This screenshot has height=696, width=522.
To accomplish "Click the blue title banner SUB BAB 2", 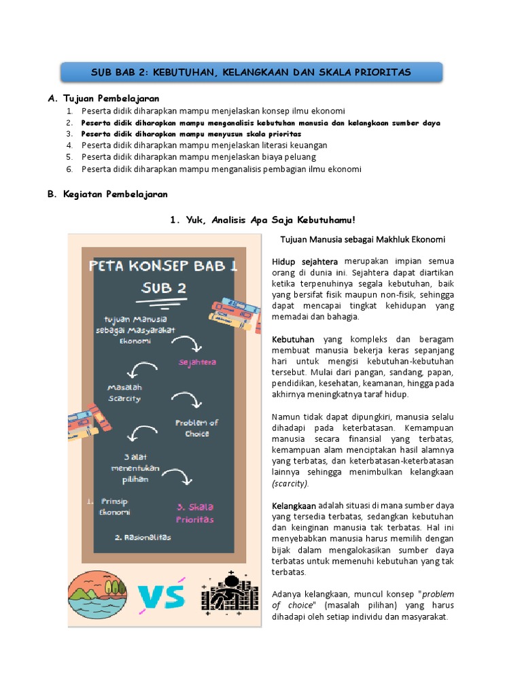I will click(x=251, y=72).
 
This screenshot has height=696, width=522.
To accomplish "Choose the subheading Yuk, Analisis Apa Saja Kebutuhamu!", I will click(x=262, y=220).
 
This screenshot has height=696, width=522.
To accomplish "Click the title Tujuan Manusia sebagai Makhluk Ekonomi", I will click(x=363, y=239).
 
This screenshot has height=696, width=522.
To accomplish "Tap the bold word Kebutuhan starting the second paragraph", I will click(x=293, y=338).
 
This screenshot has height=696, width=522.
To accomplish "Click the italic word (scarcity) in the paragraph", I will click(x=290, y=484).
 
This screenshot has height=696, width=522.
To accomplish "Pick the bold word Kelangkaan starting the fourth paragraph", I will click(x=294, y=506).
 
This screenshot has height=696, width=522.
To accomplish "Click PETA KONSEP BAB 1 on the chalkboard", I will click(x=163, y=265).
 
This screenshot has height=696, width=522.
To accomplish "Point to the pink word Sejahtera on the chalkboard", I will click(x=197, y=362).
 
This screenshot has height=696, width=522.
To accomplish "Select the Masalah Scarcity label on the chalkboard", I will click(x=124, y=393).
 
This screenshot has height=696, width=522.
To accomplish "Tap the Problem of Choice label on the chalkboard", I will click(x=196, y=428).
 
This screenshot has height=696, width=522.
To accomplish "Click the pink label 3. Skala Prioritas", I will click(x=195, y=513).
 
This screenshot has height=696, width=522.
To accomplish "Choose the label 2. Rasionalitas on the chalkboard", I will click(x=143, y=537).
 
